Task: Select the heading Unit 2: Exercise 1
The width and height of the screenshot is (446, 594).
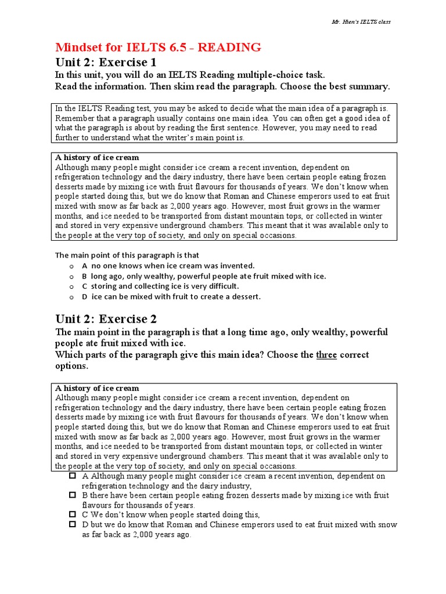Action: pyautogui.click(x=106, y=63)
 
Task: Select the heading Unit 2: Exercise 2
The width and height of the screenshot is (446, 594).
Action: pyautogui.click(x=106, y=318)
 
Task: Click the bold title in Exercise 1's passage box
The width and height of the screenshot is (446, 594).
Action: pyautogui.click(x=97, y=158)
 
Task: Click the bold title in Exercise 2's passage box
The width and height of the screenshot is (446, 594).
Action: pyautogui.click(x=97, y=388)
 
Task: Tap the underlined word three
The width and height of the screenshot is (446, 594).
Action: pyautogui.click(x=326, y=354)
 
